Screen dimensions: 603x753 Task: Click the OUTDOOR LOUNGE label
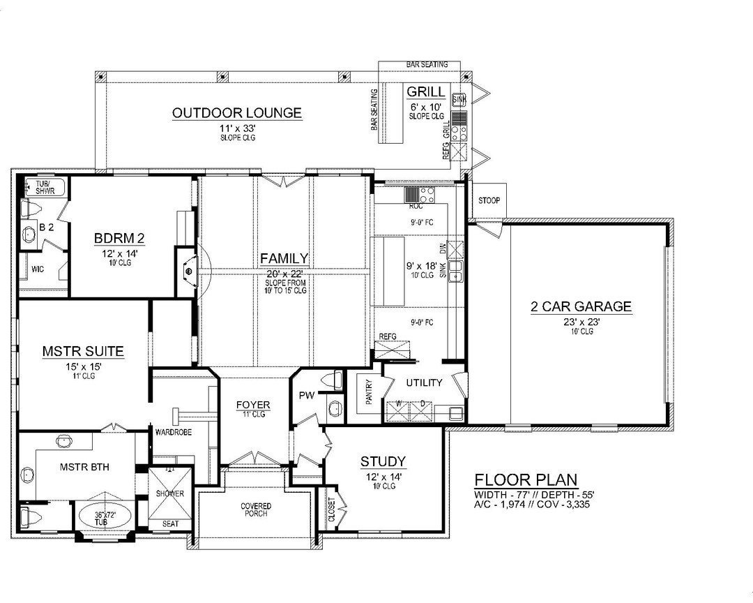click(237, 112)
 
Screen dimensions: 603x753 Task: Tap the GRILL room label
click(423, 91)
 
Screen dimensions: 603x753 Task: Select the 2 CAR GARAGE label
click(581, 306)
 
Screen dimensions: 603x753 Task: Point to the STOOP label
click(489, 201)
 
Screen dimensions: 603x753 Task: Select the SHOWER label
click(170, 493)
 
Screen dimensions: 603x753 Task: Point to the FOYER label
click(253, 405)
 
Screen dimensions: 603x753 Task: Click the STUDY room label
click(383, 461)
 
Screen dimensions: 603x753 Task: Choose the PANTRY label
click(368, 392)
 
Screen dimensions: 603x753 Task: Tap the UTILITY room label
click(424, 382)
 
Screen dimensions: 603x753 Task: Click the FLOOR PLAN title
click(526, 479)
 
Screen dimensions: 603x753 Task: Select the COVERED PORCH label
click(257, 510)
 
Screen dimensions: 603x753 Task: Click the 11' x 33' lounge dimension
click(236, 128)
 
